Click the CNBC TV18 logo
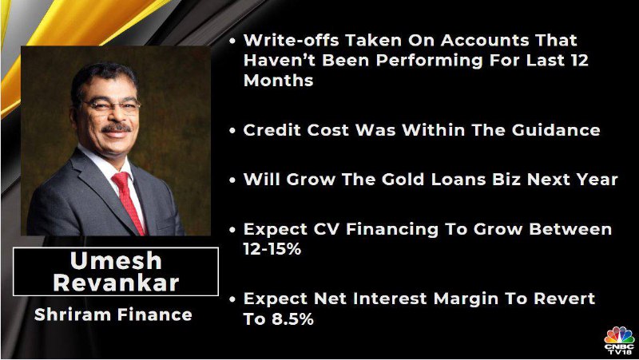(x=618, y=340)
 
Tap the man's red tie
(x=129, y=202)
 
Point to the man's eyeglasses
(x=110, y=106)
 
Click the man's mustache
(x=116, y=128)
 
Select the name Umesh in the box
(x=116, y=261)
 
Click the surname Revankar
(x=116, y=283)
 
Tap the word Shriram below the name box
(x=72, y=315)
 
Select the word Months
(x=278, y=81)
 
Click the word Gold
(x=403, y=180)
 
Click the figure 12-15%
(x=272, y=249)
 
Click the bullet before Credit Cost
(x=232, y=131)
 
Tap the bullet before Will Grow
(x=232, y=180)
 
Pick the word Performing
(x=430, y=61)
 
